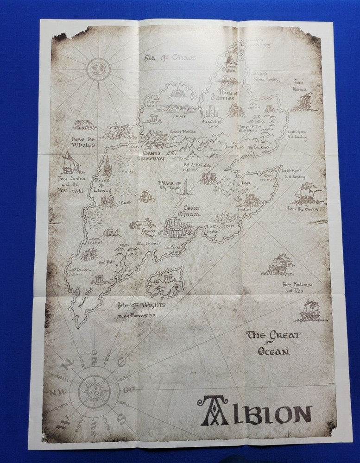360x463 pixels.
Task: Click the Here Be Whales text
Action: click(83, 141)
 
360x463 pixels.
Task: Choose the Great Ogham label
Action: click(191, 211)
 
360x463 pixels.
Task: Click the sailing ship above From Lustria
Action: click(70, 163)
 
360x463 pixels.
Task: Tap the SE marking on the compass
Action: click(129, 389)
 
